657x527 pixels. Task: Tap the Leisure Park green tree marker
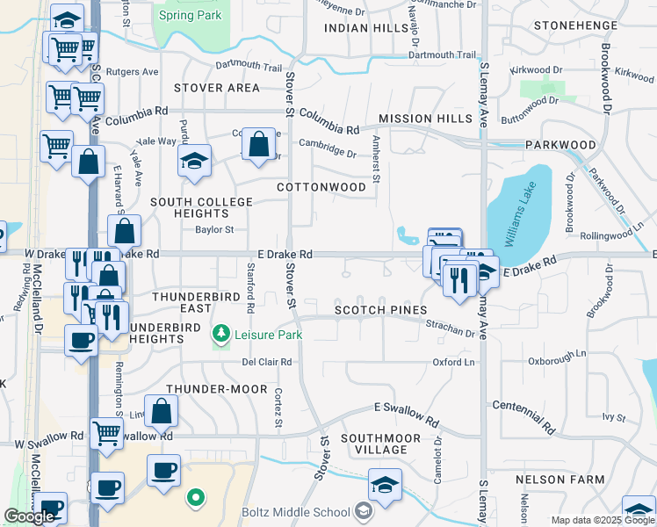pos(221,334)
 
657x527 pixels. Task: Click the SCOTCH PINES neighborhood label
pos(380,310)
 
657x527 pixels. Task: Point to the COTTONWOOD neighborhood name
pos(321,187)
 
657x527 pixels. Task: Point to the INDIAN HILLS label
pos(366,28)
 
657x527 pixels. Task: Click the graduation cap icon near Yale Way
pos(194,161)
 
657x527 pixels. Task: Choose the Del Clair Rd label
pos(267,361)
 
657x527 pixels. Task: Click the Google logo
pos(29,516)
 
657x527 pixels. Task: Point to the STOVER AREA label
pos(217,88)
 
